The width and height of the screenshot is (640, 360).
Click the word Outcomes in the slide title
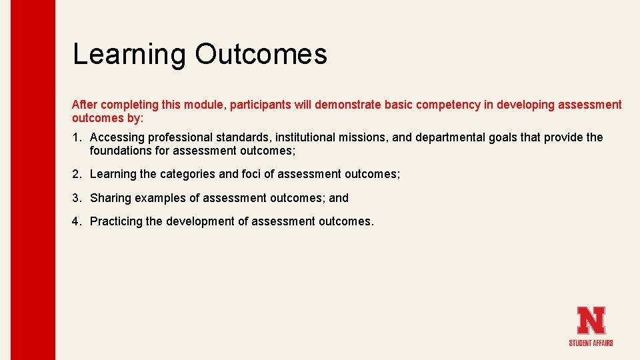(261, 54)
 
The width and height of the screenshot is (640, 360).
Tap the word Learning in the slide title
(129, 54)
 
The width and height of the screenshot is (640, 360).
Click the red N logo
(591, 320)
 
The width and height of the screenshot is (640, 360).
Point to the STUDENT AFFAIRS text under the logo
(591, 343)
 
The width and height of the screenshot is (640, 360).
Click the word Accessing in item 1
(117, 137)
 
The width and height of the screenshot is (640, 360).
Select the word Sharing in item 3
(111, 198)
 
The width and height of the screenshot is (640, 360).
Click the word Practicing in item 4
(117, 221)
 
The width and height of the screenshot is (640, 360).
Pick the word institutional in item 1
(305, 137)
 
